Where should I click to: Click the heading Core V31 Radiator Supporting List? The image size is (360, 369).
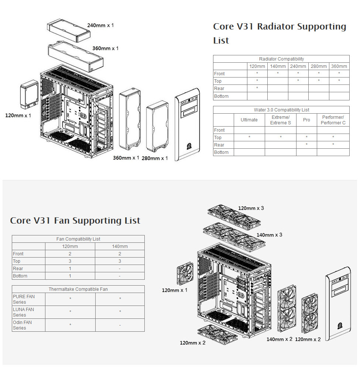[x=280, y=33]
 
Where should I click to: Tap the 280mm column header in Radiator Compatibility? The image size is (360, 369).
[x=318, y=66]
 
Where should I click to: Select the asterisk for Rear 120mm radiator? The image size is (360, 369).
[x=257, y=89]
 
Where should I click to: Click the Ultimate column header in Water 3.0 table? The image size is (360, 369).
[x=249, y=120]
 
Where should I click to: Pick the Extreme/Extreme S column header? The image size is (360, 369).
[x=281, y=120]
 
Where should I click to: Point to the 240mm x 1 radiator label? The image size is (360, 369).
[x=100, y=25]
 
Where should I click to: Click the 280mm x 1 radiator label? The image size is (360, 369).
[x=155, y=158]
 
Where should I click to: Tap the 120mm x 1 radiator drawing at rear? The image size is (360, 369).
[x=29, y=95]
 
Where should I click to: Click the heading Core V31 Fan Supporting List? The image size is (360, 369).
[x=75, y=221]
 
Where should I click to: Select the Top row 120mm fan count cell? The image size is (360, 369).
[x=70, y=261]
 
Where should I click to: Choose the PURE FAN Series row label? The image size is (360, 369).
[x=24, y=299]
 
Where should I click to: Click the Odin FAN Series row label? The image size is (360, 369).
[x=23, y=325]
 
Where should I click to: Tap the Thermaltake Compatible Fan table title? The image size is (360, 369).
[x=78, y=289]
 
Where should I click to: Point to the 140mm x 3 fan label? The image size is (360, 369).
[x=270, y=235]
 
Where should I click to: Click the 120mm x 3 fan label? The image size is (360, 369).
[x=251, y=208]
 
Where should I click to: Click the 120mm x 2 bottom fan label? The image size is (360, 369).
[x=193, y=343]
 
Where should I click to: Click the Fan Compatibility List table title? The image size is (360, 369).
[x=78, y=239]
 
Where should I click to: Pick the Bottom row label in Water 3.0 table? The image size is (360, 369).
[x=221, y=152]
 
